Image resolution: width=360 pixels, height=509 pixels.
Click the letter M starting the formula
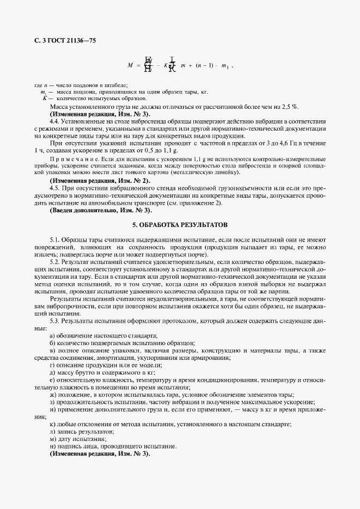click(x=130, y=65)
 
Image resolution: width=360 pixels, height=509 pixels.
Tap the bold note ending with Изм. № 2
click(x=100, y=180)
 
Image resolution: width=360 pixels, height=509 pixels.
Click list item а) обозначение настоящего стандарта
click(x=103, y=336)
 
